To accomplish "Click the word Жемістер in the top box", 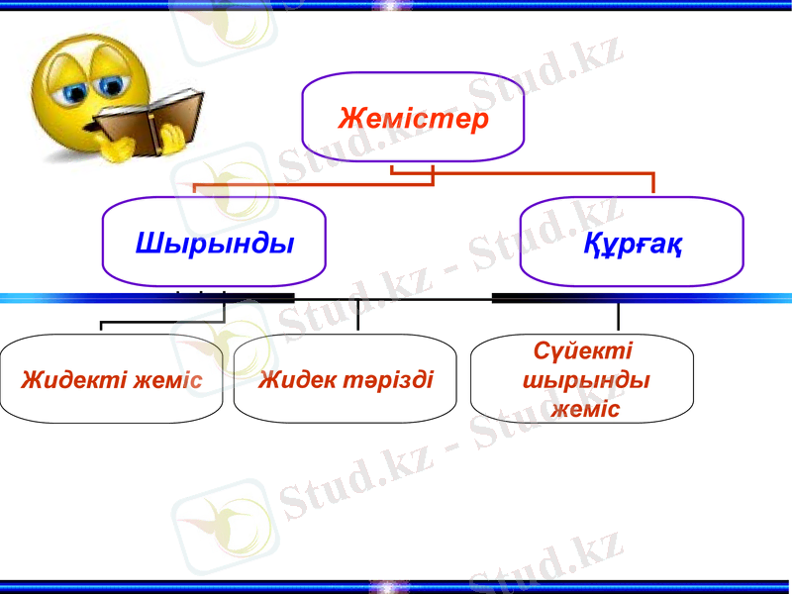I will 414,120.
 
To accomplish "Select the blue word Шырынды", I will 215,243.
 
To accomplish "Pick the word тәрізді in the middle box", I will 387,380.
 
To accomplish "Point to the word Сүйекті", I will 582,351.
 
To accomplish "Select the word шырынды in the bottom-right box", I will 585,381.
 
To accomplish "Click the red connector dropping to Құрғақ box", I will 652,184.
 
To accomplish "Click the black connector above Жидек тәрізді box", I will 357,315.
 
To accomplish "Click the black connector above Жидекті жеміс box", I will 102,326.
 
